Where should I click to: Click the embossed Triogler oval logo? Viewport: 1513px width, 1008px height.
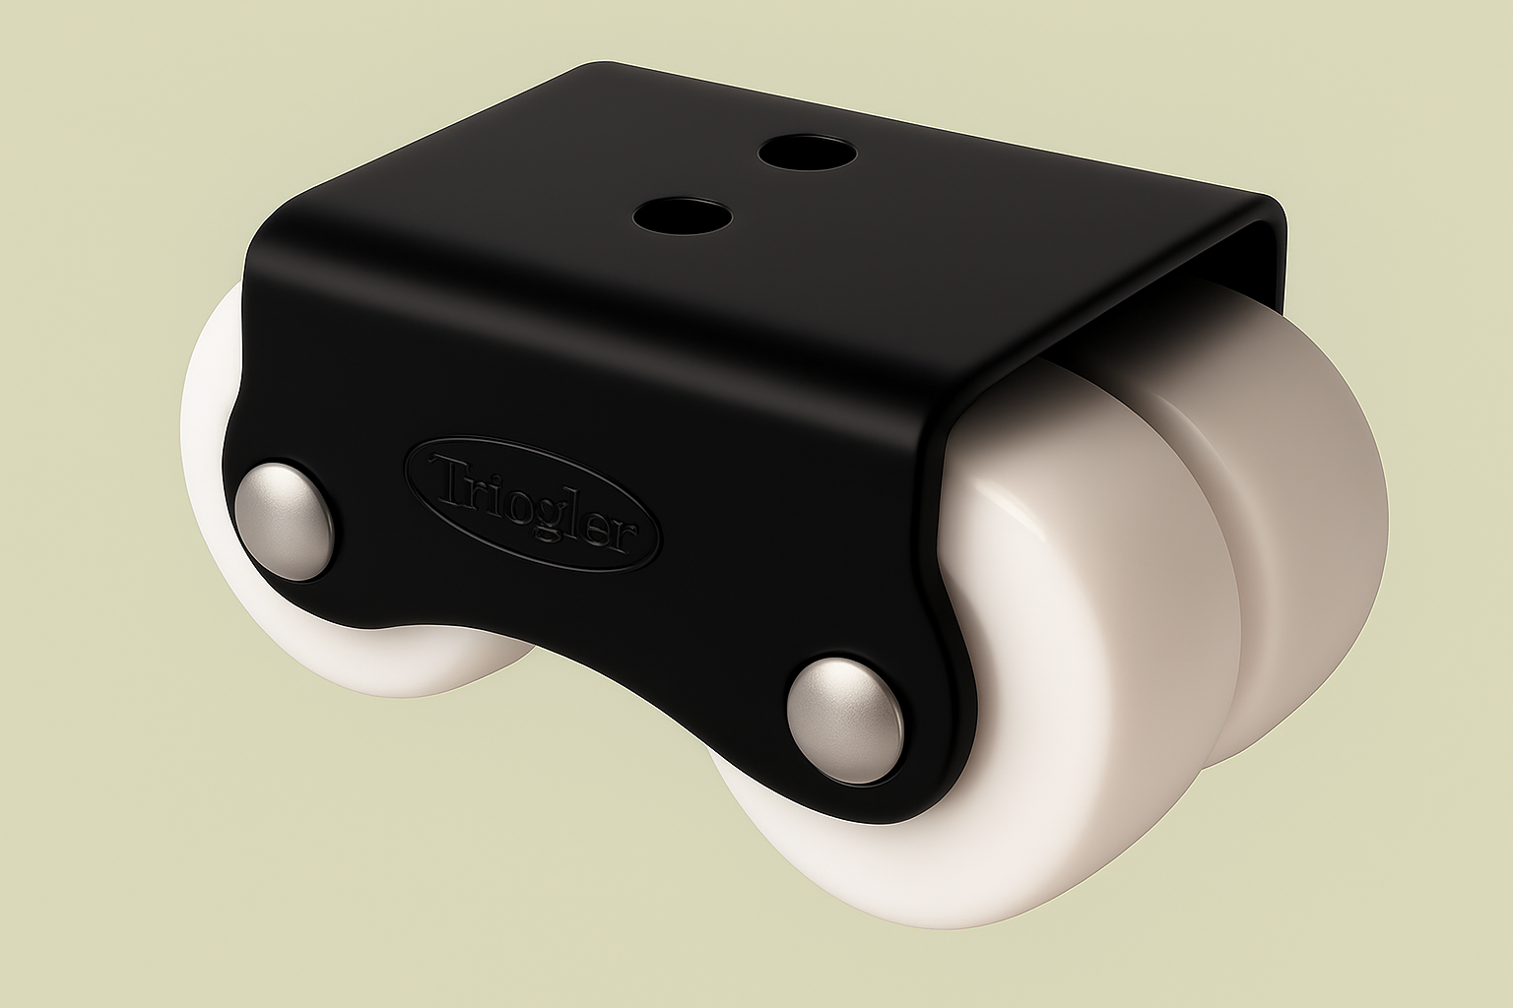tap(532, 502)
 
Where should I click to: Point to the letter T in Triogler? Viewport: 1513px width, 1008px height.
tap(443, 474)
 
